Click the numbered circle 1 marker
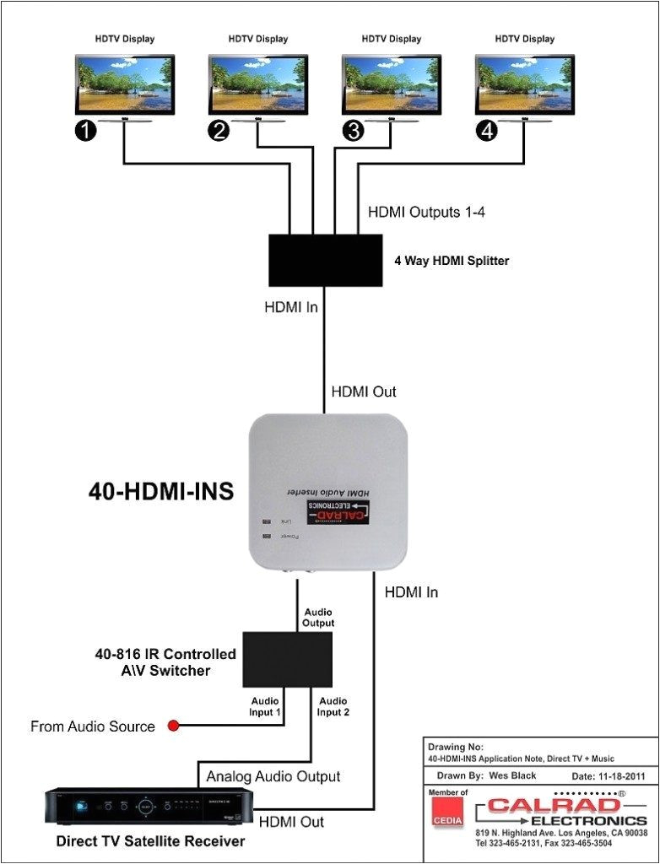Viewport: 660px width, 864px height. [x=86, y=131]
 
